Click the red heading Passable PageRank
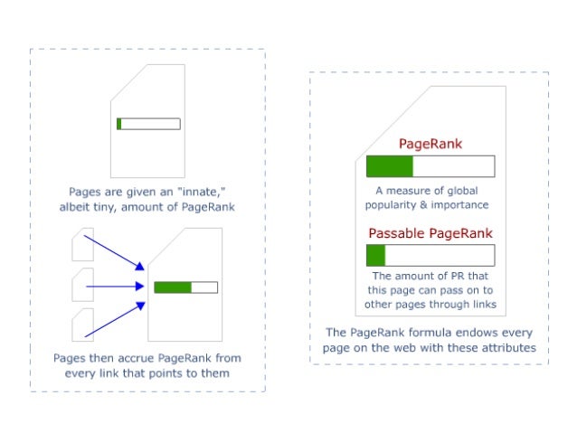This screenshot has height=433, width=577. tap(430, 233)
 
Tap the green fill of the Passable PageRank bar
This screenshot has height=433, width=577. tap(376, 255)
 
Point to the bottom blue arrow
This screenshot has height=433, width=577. tap(114, 320)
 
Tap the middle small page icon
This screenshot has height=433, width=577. tap(81, 285)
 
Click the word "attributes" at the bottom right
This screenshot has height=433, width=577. tap(505, 347)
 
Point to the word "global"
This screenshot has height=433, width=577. tap(459, 191)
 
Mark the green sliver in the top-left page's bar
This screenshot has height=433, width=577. tap(118, 124)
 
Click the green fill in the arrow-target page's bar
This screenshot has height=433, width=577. tap(172, 287)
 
